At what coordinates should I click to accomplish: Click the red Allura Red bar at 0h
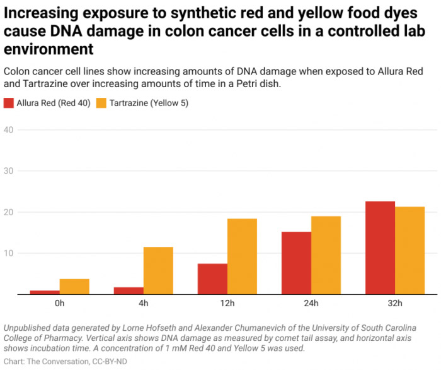click(x=45, y=292)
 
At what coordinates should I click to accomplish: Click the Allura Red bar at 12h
click(x=212, y=279)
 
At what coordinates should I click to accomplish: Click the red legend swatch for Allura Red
click(x=9, y=103)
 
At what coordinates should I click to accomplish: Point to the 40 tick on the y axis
click(x=9, y=129)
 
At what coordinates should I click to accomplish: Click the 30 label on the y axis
click(x=9, y=170)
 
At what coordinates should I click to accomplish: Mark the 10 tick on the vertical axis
click(x=9, y=253)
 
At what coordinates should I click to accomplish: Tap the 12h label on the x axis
click(x=227, y=303)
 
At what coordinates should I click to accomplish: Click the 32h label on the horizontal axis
click(x=394, y=303)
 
